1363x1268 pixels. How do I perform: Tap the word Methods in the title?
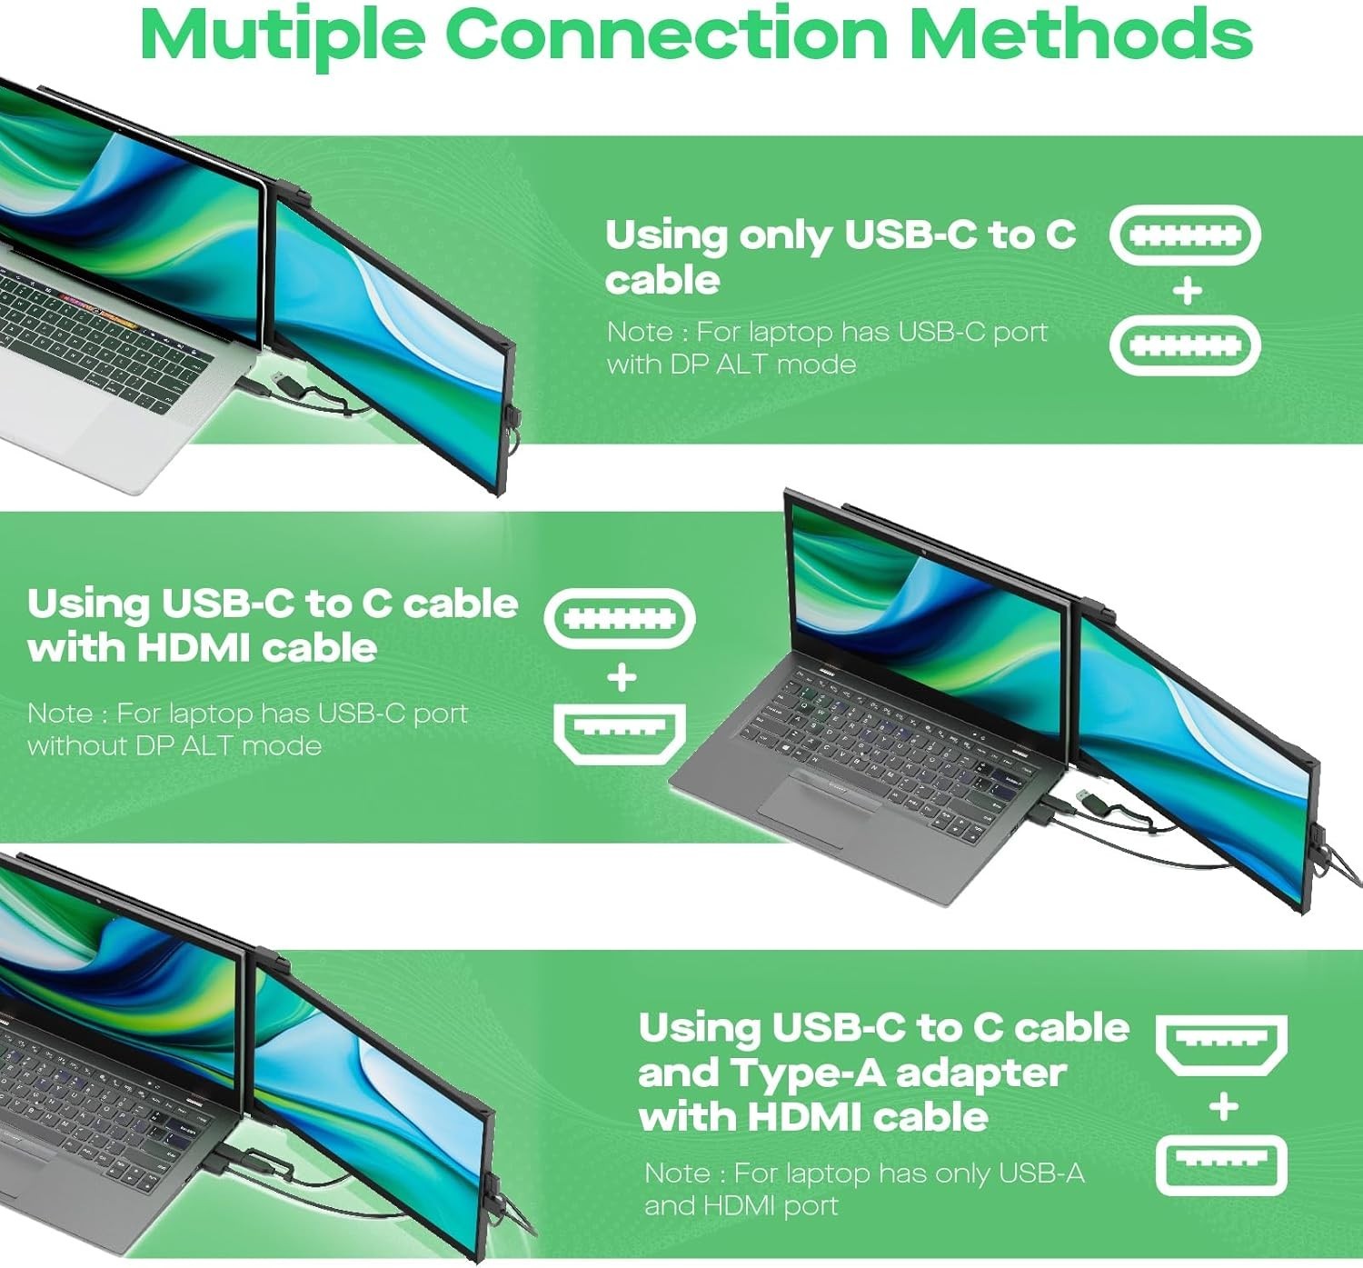tap(1081, 35)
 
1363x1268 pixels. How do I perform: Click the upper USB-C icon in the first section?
tap(1185, 235)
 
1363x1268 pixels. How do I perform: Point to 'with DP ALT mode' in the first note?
tap(731, 364)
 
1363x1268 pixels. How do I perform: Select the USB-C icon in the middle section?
tap(620, 619)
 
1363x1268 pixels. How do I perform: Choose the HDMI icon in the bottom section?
tap(1221, 1044)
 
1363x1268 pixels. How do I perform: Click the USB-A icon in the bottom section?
tap(1221, 1165)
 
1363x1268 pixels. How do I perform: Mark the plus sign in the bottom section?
tap(1223, 1106)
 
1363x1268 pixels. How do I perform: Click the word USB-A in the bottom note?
tap(1041, 1173)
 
